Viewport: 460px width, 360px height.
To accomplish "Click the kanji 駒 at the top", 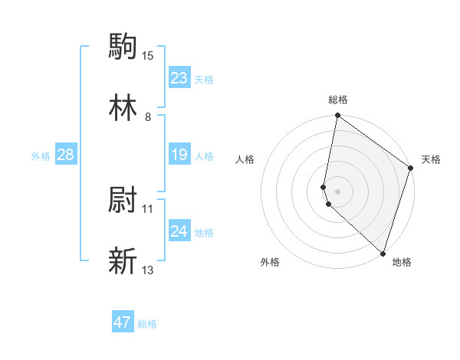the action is coord(123,46).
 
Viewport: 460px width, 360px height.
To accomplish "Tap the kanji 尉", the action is coord(123,201).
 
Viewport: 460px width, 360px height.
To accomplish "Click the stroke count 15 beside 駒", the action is coord(148,55).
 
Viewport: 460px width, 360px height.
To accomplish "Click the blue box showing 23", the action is coord(179,78).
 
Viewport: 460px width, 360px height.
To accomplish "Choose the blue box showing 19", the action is coord(179,155).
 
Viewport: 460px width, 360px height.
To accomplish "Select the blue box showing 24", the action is coord(179,231).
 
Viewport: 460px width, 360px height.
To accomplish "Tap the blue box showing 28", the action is coord(65,155).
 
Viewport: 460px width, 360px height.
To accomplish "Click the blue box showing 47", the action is coord(123,322).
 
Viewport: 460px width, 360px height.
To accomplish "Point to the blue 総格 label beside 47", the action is coord(147,324).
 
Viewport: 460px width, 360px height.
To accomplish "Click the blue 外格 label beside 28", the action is coord(41,155).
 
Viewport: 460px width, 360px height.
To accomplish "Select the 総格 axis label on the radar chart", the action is coord(338,100).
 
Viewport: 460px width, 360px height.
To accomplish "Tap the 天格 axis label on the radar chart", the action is coord(431,160).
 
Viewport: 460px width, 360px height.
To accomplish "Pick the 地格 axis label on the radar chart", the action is coord(402,262).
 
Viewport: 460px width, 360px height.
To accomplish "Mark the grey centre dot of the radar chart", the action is coord(337,191).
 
